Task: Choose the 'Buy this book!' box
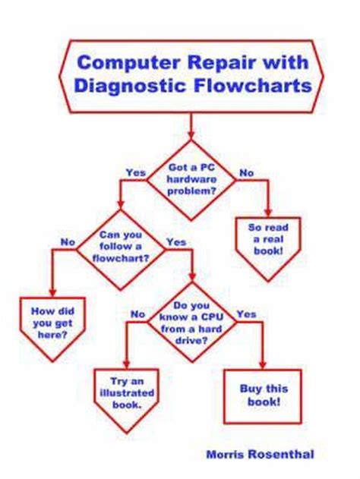(261, 393)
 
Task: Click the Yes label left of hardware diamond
(134, 173)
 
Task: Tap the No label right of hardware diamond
(247, 173)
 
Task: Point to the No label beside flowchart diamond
(68, 242)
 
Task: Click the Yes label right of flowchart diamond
(176, 242)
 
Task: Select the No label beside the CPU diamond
(137, 314)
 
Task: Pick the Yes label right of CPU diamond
(246, 314)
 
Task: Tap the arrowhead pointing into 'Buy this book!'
(262, 365)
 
